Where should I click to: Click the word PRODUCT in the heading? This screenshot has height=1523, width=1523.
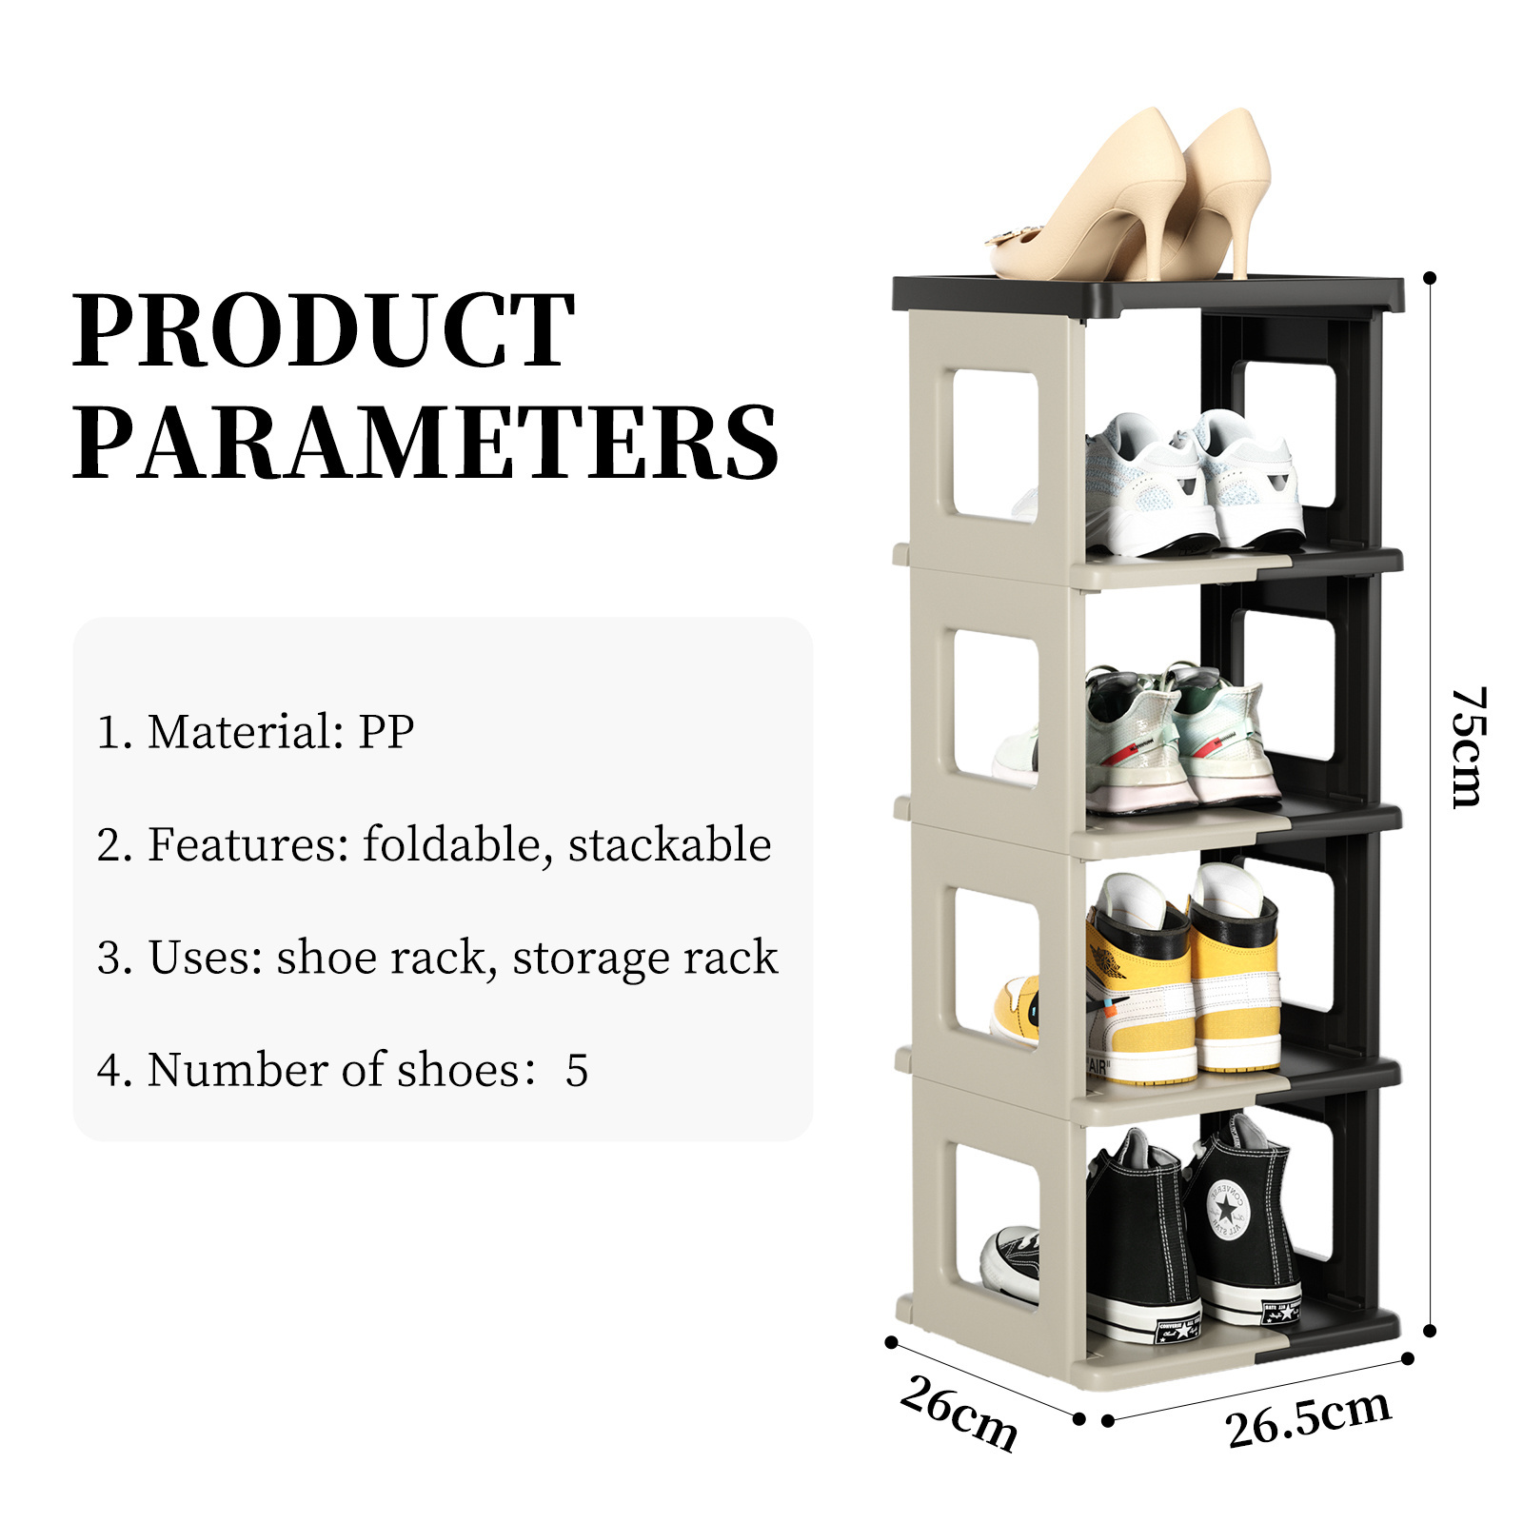click(x=324, y=330)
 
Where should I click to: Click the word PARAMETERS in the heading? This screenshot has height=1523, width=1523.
click(x=425, y=443)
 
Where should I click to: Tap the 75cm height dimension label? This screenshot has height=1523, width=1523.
click(x=1467, y=747)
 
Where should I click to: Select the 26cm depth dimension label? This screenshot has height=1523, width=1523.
click(x=959, y=1413)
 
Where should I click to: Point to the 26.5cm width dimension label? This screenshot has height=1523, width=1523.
click(x=1309, y=1418)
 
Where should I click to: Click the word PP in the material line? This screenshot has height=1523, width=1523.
click(x=386, y=732)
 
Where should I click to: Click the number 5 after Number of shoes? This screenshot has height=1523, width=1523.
click(x=577, y=1070)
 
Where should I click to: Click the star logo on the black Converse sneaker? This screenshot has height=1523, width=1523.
click(x=1227, y=1209)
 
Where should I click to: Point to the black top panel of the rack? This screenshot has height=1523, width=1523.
click(x=1148, y=295)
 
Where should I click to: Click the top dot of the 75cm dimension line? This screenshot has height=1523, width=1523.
click(x=1430, y=278)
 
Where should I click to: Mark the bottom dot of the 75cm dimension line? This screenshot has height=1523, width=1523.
click(x=1430, y=1331)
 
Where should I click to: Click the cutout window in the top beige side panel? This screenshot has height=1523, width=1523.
click(x=995, y=445)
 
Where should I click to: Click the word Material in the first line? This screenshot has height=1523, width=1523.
click(x=246, y=732)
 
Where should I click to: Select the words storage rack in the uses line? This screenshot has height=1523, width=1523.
click(x=645, y=958)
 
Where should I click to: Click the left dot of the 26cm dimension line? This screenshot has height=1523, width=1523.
click(x=892, y=1342)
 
